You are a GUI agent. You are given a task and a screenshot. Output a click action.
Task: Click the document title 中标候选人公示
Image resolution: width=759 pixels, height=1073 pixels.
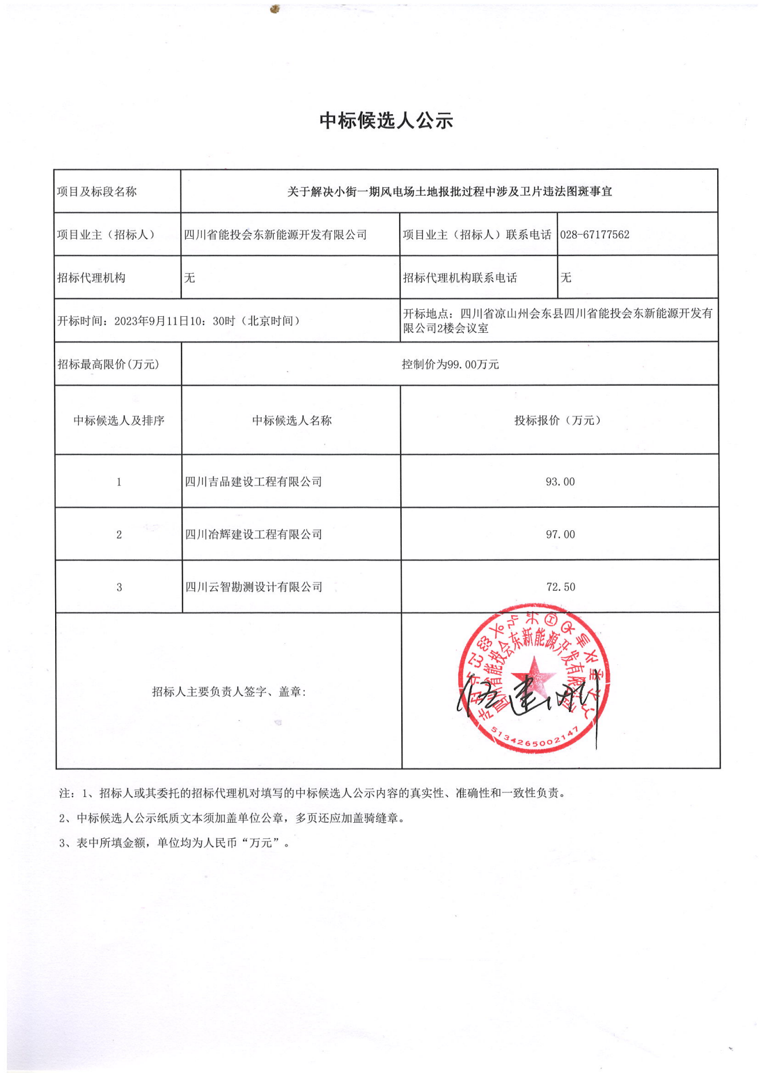[x=386, y=120]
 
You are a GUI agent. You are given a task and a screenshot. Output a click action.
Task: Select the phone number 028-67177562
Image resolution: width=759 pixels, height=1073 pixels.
[x=594, y=235]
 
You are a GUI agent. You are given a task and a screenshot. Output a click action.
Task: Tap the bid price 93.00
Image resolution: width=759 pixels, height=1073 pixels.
[x=560, y=482]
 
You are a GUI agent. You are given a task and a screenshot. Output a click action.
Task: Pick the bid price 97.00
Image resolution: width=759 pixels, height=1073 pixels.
[x=560, y=535]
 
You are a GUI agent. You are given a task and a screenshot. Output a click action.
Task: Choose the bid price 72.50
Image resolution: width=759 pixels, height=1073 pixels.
[x=560, y=587]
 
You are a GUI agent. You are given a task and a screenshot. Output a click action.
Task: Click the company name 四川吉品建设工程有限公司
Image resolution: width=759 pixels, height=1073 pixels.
[x=253, y=482]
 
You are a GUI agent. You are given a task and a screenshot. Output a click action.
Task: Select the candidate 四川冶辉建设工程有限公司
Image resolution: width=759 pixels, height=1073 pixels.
[x=253, y=535]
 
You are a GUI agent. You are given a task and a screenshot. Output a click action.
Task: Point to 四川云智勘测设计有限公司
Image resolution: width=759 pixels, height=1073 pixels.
[x=253, y=587]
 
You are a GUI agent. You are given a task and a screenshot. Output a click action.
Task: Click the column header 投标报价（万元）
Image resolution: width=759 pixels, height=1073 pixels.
[x=557, y=421]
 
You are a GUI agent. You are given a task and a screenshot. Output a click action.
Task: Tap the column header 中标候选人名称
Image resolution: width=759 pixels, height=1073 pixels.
[x=292, y=421]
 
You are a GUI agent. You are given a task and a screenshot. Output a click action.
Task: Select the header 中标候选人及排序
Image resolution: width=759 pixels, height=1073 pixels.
[x=119, y=421]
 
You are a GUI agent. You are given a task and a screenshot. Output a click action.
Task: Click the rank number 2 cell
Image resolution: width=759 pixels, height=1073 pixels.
[x=119, y=535]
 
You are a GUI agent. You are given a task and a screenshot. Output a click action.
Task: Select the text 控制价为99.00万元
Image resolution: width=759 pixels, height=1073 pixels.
[x=450, y=364]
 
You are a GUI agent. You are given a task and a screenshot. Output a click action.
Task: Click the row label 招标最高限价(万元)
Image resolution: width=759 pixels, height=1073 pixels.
[x=108, y=364]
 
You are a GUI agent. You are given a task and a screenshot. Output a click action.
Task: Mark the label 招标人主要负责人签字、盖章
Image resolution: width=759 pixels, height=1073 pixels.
[x=229, y=692]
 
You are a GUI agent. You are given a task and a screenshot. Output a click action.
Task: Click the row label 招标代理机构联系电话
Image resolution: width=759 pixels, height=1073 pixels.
[x=459, y=278]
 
